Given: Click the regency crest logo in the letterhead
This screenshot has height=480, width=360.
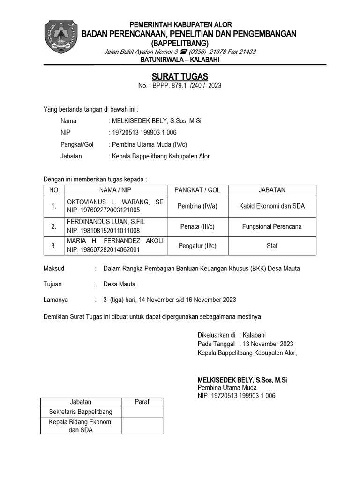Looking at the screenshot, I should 59,37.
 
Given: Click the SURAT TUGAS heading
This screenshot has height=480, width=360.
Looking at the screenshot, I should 180,77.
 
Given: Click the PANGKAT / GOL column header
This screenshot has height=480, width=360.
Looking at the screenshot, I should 197,190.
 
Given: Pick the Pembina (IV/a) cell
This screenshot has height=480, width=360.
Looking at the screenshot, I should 197,206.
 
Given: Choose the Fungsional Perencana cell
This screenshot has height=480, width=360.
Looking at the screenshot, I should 272,227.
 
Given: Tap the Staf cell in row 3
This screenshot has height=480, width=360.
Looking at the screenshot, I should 272,245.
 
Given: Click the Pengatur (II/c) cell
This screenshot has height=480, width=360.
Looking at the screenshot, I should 197,245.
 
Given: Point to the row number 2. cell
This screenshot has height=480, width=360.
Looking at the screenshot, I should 54,227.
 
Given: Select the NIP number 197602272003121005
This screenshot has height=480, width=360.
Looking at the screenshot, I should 104,210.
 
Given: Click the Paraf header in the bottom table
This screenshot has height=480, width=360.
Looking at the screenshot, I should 142,402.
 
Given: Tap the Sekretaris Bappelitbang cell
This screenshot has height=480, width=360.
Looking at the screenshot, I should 81,412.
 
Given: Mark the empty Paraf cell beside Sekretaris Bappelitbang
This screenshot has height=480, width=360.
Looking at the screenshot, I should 142,412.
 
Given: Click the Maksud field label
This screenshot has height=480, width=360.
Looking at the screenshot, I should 53,269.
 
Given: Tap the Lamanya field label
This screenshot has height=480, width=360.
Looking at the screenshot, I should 55,300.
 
